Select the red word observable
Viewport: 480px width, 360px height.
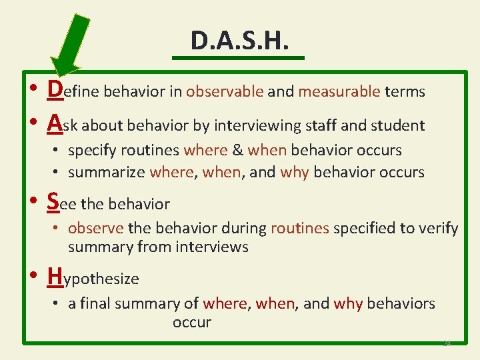[x=225, y=91]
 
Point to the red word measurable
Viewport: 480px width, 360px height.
[x=339, y=91]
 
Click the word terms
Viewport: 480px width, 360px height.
[x=405, y=91]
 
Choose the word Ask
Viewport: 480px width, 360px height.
[x=65, y=124]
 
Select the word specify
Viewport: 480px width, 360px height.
[x=90, y=151]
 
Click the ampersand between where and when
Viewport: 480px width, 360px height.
[x=237, y=150]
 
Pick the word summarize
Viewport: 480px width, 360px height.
[x=107, y=172]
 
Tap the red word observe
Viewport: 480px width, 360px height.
[x=96, y=228]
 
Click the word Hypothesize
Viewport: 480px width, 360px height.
[x=93, y=277]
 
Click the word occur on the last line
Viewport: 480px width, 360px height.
[x=192, y=322]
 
